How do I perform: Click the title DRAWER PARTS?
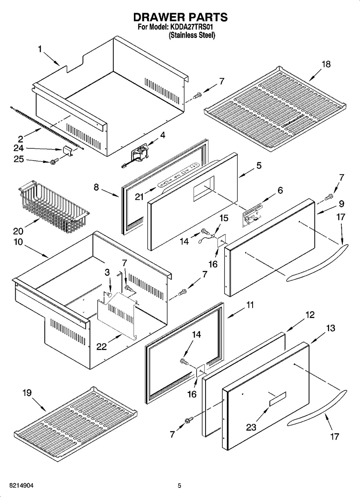[180, 17]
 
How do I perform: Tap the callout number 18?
[326, 64]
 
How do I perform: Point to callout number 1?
[40, 49]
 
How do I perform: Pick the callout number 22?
[101, 346]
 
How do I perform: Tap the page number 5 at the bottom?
[179, 486]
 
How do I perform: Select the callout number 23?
[251, 427]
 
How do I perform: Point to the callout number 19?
[26, 393]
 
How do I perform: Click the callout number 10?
[18, 242]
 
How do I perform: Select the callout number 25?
[19, 159]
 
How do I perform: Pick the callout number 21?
[139, 196]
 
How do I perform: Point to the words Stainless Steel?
[192, 35]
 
